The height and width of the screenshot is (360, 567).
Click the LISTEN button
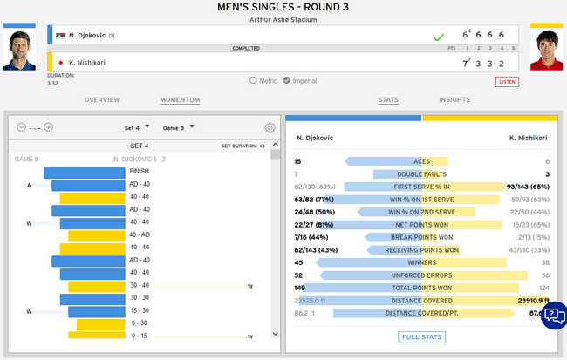pos(507,81)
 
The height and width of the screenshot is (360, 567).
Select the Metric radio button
pos(253,81)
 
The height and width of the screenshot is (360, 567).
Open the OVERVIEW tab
pos(101,100)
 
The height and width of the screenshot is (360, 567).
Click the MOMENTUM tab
pos(179,100)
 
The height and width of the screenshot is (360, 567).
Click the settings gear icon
pos(270,127)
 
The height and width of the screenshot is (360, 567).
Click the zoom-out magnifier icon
pos(22,127)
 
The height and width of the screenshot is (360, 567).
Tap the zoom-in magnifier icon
pos(49,127)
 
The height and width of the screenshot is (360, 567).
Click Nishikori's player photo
pos(546,51)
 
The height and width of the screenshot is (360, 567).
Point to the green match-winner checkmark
pos(438,37)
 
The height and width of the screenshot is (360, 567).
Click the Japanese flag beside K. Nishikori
pos(60,63)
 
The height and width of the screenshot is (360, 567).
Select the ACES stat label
pos(421,161)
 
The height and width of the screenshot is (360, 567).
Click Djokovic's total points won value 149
pos(300,288)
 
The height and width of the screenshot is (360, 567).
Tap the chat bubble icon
pos(553,316)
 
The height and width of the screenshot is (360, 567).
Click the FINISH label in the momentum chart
pos(139,172)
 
